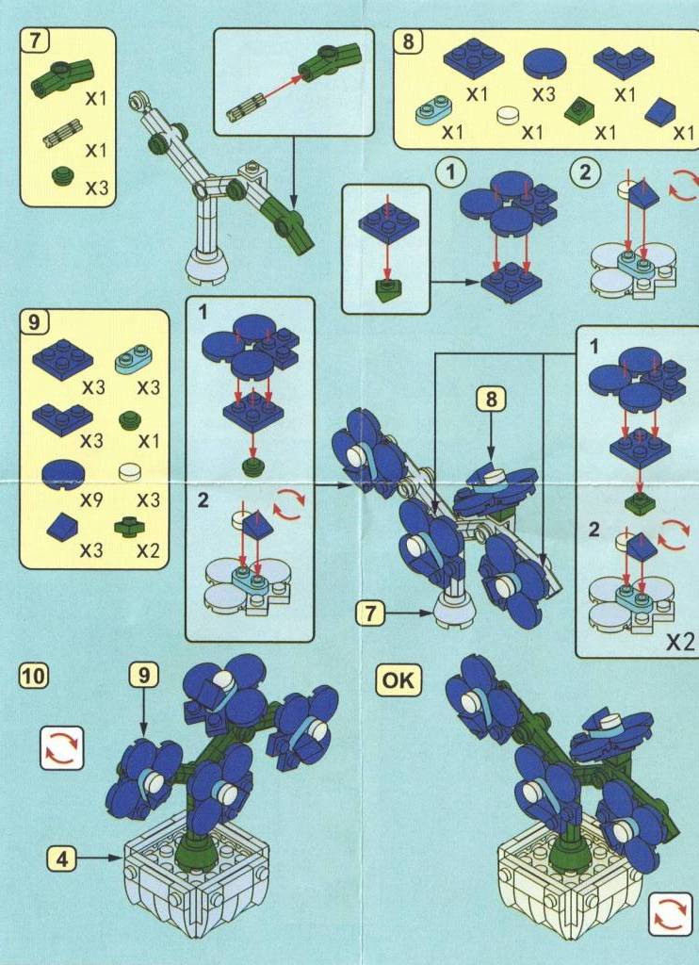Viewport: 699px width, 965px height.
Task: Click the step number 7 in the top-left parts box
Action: tap(35, 41)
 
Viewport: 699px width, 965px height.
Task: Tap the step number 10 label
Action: tap(35, 676)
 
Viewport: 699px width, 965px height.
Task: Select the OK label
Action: tap(398, 681)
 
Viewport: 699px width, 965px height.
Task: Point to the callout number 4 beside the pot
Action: tap(62, 859)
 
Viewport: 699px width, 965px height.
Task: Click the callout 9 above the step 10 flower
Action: tap(144, 676)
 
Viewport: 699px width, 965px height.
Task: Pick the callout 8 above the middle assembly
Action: tap(491, 400)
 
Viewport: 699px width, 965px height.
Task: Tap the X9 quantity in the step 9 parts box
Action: tap(91, 500)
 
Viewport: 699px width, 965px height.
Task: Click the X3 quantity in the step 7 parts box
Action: tap(96, 188)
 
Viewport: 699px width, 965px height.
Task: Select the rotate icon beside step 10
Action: tap(62, 748)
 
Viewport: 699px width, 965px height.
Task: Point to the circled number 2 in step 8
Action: tap(584, 172)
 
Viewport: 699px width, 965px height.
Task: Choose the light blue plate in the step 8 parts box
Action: tap(435, 108)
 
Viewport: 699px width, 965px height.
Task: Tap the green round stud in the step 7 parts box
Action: tap(63, 176)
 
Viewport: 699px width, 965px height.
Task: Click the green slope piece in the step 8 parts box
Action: tap(579, 110)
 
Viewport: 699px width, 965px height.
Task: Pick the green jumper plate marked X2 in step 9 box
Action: tap(129, 527)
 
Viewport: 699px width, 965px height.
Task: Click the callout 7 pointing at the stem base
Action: tap(370, 613)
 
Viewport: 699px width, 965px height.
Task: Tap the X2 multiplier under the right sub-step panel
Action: tap(681, 642)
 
